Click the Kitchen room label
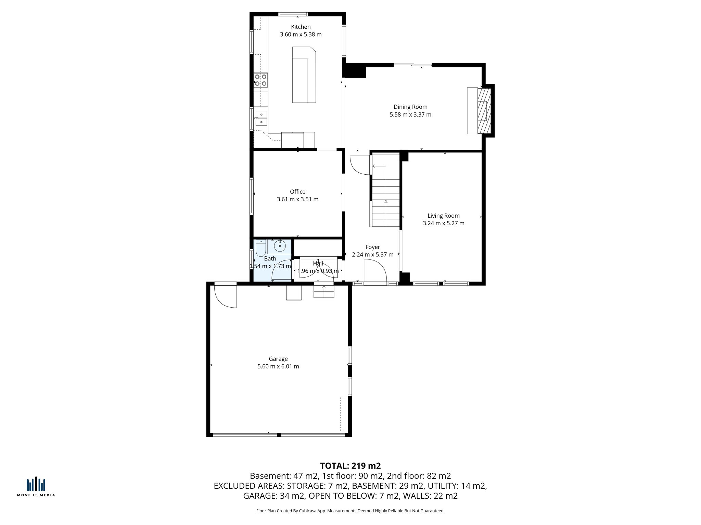(x=301, y=27)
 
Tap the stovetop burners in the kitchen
(x=260, y=80)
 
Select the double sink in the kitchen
(x=261, y=118)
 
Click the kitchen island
(x=303, y=75)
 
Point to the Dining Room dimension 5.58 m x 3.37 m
(x=410, y=115)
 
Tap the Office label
(x=297, y=192)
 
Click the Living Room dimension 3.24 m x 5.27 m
(x=443, y=224)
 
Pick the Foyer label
(x=372, y=247)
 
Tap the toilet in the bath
(x=260, y=248)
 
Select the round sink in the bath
(x=280, y=245)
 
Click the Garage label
(x=278, y=359)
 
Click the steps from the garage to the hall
(x=324, y=291)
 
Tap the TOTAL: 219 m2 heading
(x=350, y=466)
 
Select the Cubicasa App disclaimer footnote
(x=350, y=511)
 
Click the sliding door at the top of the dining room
(x=412, y=65)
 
